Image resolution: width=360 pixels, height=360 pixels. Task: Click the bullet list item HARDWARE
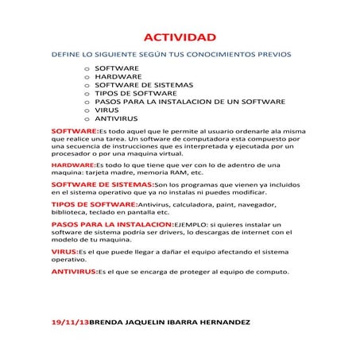tap(118, 77)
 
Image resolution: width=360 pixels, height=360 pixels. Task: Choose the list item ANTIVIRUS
tap(117, 118)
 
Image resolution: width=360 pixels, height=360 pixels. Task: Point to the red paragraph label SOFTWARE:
tap(74, 129)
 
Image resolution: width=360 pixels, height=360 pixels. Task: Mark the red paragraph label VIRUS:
tap(64, 251)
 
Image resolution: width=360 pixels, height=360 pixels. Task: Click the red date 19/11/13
tap(70, 323)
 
